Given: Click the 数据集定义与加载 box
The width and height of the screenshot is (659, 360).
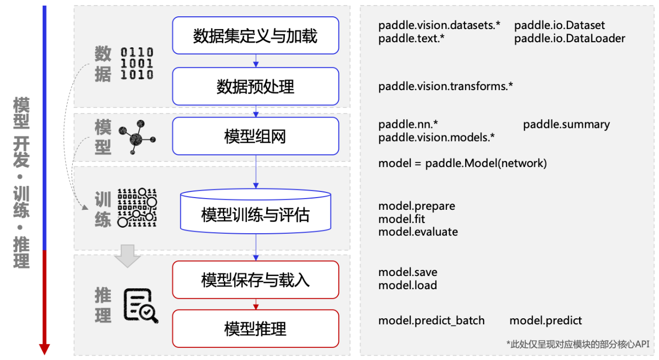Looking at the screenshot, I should [255, 36].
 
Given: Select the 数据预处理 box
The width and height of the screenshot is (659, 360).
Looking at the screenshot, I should [255, 87].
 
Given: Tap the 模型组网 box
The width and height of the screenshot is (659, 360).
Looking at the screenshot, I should [255, 136].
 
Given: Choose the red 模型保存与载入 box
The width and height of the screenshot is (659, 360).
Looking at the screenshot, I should [255, 280].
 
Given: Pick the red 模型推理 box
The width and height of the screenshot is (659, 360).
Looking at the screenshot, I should [255, 328].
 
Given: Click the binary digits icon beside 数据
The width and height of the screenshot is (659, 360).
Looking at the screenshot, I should [136, 64].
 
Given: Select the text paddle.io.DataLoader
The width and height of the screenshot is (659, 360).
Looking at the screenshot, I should [569, 38].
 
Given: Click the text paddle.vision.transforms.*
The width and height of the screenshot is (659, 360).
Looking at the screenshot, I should [445, 86].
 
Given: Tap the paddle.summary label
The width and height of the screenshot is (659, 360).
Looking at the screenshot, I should [566, 124].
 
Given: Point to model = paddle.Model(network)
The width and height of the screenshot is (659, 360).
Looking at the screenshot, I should [462, 163].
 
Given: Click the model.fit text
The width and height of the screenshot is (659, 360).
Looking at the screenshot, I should [401, 219].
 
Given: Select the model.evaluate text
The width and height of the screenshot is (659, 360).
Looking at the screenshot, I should [418, 232].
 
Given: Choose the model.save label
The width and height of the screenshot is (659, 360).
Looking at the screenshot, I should [408, 272].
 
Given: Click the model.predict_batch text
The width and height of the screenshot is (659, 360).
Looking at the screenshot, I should [431, 320].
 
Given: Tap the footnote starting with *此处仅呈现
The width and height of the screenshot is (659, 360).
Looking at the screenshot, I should [578, 344].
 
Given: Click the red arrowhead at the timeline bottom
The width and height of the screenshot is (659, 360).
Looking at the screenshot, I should [45, 349].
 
